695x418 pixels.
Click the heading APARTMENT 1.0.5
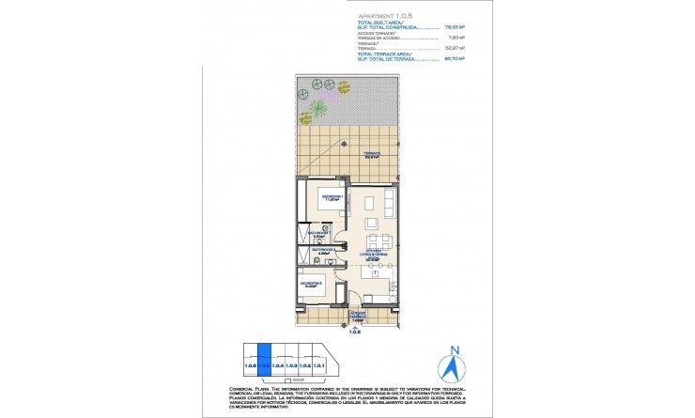click(x=383, y=17)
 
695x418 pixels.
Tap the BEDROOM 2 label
click(x=313, y=281)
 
